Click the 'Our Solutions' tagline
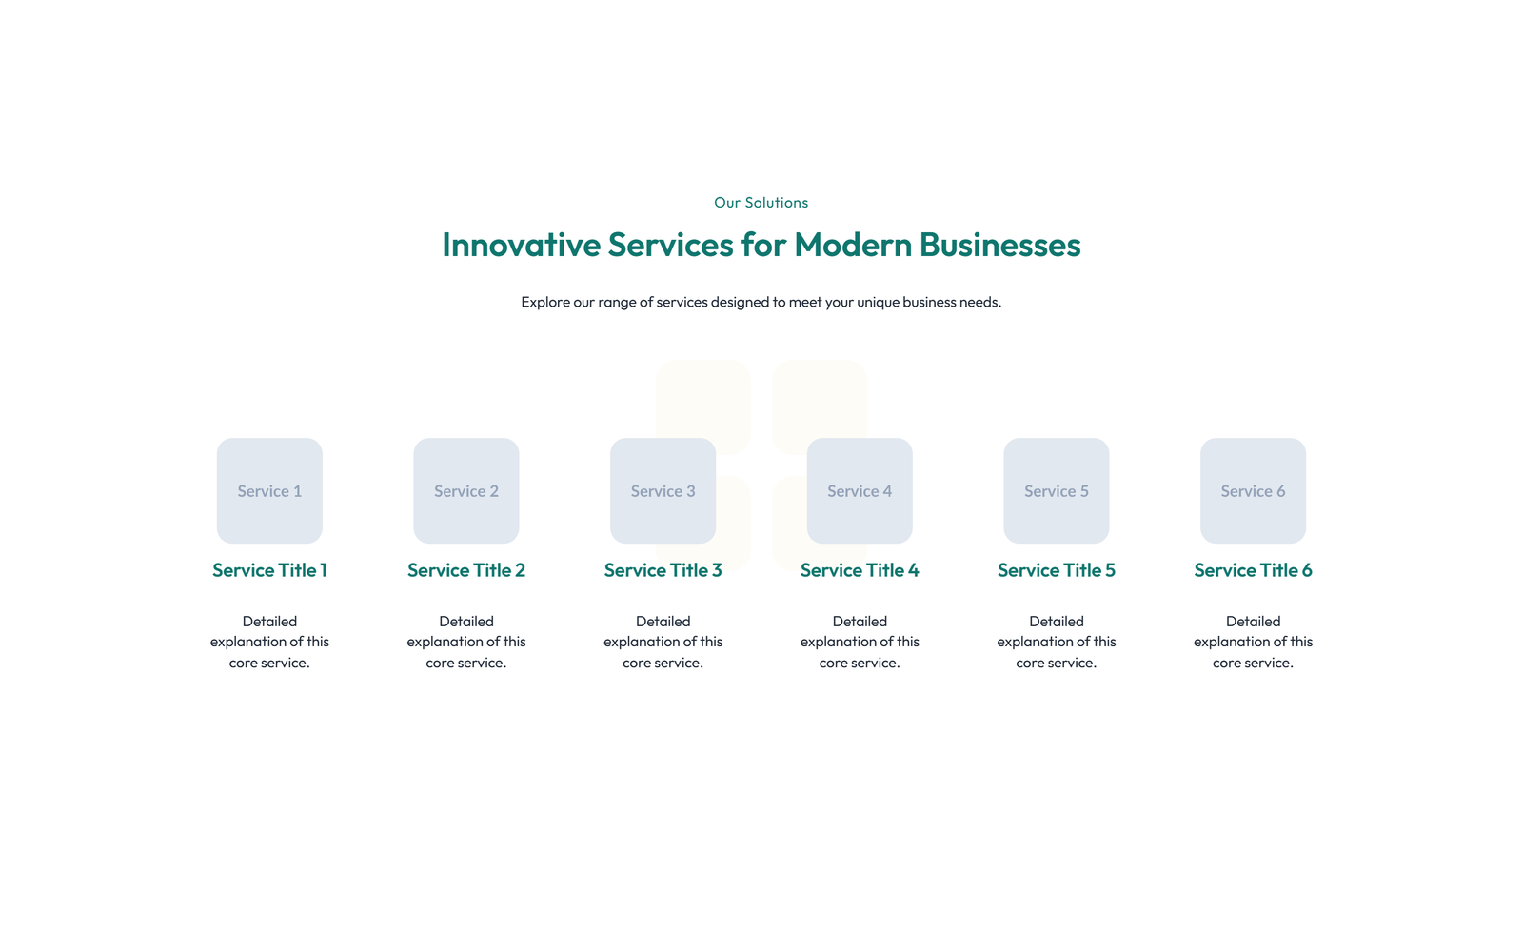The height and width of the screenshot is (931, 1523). [761, 202]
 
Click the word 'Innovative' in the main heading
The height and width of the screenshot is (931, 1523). [521, 244]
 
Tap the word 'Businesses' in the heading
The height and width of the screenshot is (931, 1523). [999, 244]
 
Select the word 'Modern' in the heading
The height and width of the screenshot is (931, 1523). [853, 244]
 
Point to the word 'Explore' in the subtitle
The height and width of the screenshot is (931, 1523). [545, 302]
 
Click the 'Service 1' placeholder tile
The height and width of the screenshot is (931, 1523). [269, 490]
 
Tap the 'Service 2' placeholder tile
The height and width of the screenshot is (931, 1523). [466, 490]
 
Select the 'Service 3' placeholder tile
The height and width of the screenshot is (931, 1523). [663, 490]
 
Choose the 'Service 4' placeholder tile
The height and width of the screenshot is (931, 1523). [860, 490]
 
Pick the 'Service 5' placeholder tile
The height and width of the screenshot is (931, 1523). [1057, 490]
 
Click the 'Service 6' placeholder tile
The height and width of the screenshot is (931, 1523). [1253, 490]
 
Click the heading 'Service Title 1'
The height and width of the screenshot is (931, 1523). [269, 570]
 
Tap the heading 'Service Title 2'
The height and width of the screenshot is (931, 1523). [466, 570]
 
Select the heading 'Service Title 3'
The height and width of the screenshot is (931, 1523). [663, 570]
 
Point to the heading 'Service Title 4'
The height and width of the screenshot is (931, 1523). [860, 570]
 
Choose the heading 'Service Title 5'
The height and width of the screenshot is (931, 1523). [1057, 570]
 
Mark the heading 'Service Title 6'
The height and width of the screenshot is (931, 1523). [1253, 570]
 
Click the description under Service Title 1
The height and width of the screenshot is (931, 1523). [269, 642]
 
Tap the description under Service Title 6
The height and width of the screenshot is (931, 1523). [1253, 642]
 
